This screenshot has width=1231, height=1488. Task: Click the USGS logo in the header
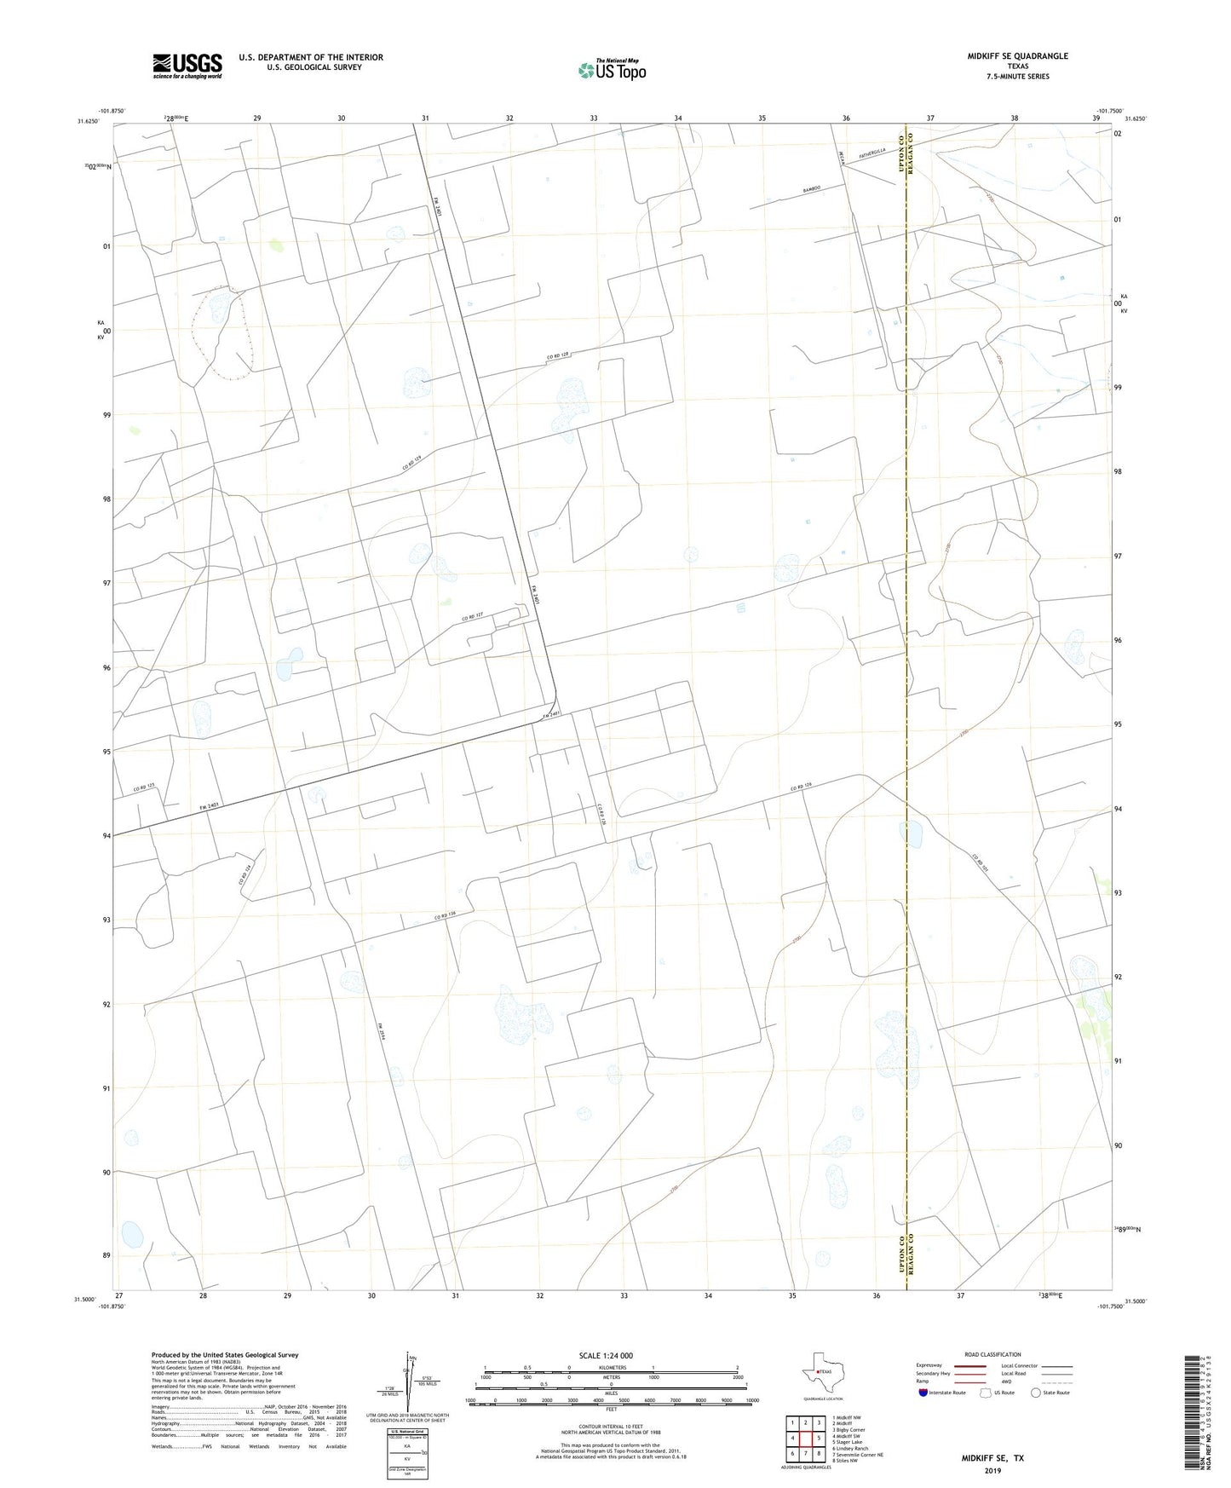coord(187,66)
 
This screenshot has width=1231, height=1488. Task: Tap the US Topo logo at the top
coord(611,70)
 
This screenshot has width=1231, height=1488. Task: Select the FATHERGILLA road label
coord(872,153)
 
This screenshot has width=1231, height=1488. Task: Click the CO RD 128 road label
coord(557,354)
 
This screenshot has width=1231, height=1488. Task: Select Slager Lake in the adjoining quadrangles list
coord(848,1442)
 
